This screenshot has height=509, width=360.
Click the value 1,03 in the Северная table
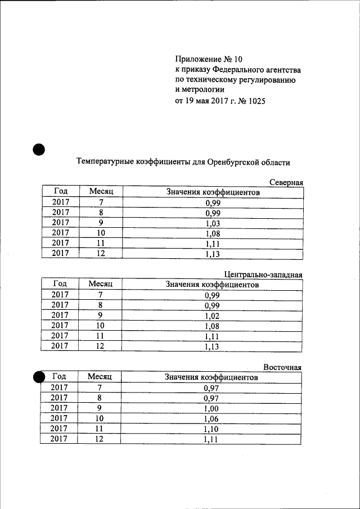point(212,223)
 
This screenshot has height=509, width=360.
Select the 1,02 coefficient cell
point(211,316)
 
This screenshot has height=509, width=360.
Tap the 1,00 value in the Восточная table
point(211,408)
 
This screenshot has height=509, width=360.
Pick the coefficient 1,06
point(211,419)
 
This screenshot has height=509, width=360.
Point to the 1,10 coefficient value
point(211,429)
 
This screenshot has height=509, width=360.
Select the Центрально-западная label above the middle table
point(263,275)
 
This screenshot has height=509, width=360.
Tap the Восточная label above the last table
point(283,367)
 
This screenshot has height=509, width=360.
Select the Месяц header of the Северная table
point(101,192)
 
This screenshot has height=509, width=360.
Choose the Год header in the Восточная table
point(59,377)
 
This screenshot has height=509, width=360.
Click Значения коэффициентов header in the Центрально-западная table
point(212,285)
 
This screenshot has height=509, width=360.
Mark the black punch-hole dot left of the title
point(38,150)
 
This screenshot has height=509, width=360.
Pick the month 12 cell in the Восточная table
point(100,439)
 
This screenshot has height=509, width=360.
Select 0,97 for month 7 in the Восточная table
point(211,388)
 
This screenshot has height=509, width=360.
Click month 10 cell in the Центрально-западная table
point(100,326)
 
